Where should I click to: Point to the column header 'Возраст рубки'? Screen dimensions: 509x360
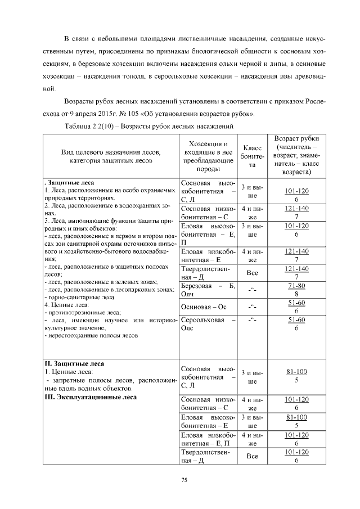tap(296, 138)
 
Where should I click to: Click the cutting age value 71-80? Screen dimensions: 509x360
tap(296, 286)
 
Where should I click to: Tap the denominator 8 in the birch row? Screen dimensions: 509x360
tap(296, 294)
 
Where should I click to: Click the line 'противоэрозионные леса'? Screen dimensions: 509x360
tap(82, 312)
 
